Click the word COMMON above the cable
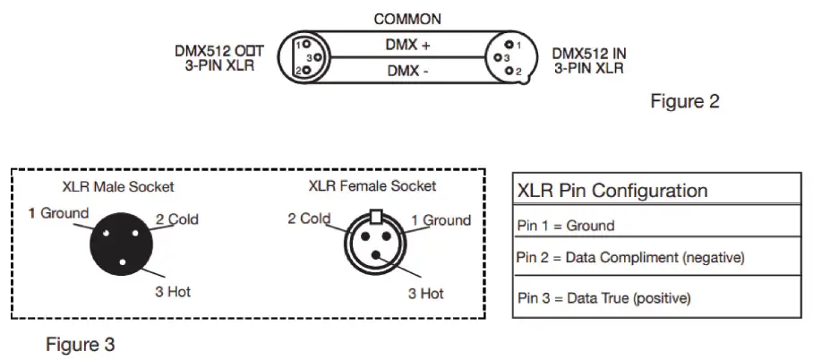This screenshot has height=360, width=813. (407, 19)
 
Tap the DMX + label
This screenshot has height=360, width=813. (407, 43)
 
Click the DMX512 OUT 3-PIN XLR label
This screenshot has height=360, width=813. (219, 58)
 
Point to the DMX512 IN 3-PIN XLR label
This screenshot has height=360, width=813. (589, 59)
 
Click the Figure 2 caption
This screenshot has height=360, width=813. (684, 101)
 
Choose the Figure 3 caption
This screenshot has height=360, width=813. (81, 343)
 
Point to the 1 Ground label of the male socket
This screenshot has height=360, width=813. (59, 213)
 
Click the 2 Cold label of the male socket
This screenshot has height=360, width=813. (176, 219)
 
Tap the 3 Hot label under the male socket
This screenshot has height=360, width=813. (173, 292)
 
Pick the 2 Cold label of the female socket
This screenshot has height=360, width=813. (309, 219)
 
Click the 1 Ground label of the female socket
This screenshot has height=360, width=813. (441, 220)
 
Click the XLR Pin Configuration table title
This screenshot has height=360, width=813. (612, 191)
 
